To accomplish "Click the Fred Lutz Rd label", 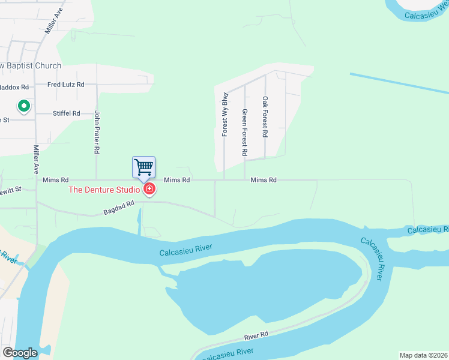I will pyautogui.click(x=66, y=85).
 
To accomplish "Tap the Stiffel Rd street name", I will pyautogui.click(x=66, y=113).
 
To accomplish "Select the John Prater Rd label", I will pyautogui.click(x=97, y=129).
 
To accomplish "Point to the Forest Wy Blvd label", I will pyautogui.click(x=224, y=114).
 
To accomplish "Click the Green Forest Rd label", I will pyautogui.click(x=245, y=133).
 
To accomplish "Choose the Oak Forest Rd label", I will pyautogui.click(x=265, y=117).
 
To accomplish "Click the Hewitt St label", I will pyautogui.click(x=11, y=190).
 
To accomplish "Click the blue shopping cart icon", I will pyautogui.click(x=143, y=167).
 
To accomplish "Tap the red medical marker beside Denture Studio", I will pyautogui.click(x=149, y=190).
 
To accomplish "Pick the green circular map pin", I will pyautogui.click(x=23, y=107).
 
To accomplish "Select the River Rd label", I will pyautogui.click(x=255, y=336).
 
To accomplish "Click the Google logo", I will pyautogui.click(x=20, y=353).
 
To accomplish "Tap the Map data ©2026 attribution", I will pyautogui.click(x=424, y=355).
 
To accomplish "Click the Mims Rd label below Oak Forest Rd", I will pyautogui.click(x=264, y=180).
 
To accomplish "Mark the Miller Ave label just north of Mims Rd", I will pyautogui.click(x=37, y=157).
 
